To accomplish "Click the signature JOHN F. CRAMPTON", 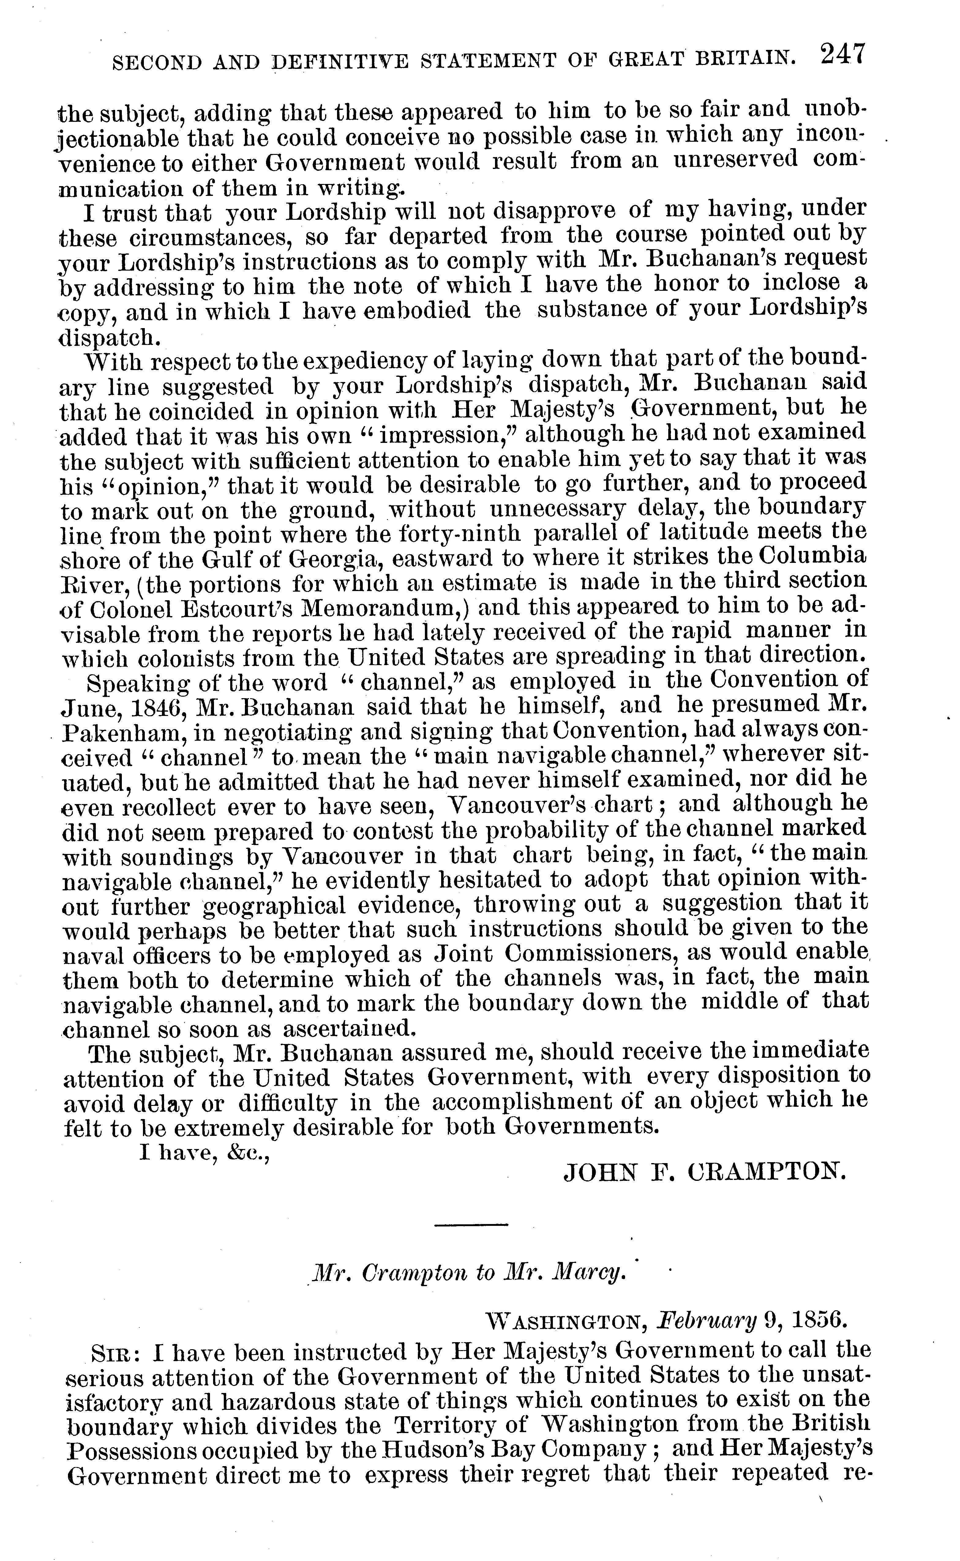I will tap(705, 1169).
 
